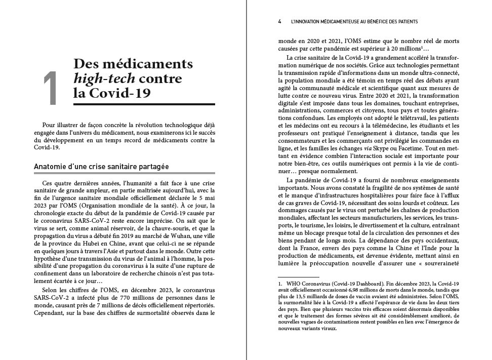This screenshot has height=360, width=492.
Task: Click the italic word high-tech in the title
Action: pyautogui.click(x=97, y=79)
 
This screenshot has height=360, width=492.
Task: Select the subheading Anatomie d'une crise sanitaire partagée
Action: pyautogui.click(x=101, y=167)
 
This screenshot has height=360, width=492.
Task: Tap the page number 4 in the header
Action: pyautogui.click(x=279, y=22)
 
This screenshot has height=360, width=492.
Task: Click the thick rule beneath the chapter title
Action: pyautogui.click(x=144, y=104)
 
